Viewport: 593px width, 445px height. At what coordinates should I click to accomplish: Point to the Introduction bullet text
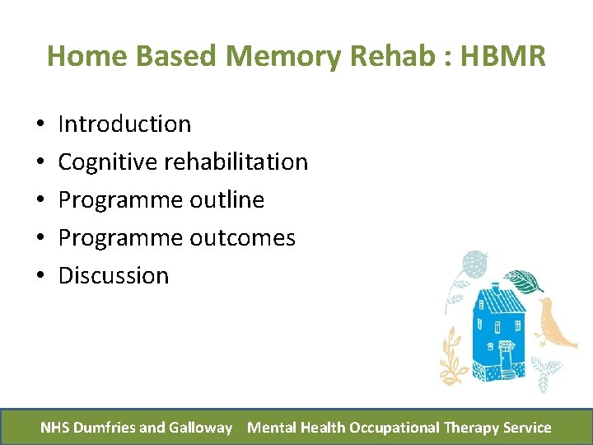(x=124, y=124)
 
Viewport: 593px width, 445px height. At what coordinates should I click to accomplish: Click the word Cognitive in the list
(x=108, y=162)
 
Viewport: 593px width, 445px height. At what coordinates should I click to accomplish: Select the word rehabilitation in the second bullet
(x=236, y=162)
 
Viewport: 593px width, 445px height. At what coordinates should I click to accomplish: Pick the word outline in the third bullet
(x=226, y=200)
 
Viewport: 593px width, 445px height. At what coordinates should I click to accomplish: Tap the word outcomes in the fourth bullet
(x=242, y=238)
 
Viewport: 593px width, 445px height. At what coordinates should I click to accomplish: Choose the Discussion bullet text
(x=114, y=276)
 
